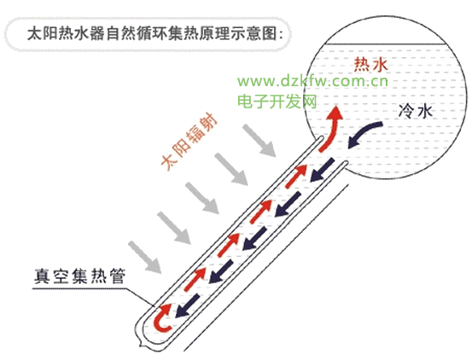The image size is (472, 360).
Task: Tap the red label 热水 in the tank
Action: point(370,64)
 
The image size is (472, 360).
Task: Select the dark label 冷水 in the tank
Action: point(416,111)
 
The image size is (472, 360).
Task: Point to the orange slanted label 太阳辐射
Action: point(189,142)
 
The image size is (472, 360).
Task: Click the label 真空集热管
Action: point(79,276)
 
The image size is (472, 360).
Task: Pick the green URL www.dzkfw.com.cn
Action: point(312,81)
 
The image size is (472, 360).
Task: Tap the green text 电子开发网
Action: point(277,101)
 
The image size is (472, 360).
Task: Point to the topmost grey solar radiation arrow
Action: point(259,141)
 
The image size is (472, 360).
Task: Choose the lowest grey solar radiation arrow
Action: point(145,257)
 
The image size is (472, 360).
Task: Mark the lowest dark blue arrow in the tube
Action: point(187,306)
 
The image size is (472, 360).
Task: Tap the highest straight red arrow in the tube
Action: point(295,177)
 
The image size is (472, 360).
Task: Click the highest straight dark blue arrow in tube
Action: point(322,170)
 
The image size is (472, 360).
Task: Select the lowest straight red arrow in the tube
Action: point(195,280)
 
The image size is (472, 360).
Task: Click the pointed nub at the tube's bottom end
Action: point(141,343)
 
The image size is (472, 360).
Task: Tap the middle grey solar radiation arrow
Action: point(202,198)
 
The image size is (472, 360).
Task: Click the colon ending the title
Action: point(281,34)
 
